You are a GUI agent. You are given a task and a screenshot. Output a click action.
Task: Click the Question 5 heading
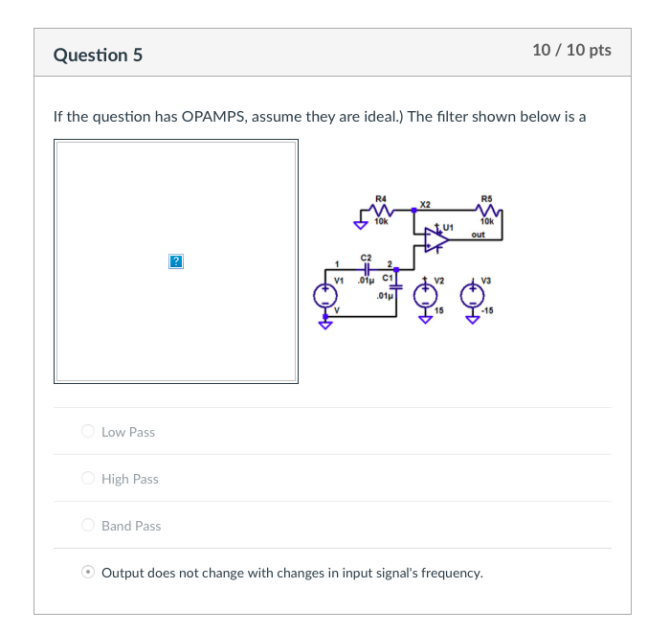point(98,55)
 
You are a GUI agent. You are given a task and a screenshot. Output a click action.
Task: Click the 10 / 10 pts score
point(572,50)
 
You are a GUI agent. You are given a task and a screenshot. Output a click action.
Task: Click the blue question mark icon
point(175,260)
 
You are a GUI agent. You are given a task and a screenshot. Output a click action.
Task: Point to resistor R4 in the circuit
point(381,210)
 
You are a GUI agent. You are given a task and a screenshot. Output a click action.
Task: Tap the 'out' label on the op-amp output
point(479,234)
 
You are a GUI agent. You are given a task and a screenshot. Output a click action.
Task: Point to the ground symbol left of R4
point(360,225)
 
